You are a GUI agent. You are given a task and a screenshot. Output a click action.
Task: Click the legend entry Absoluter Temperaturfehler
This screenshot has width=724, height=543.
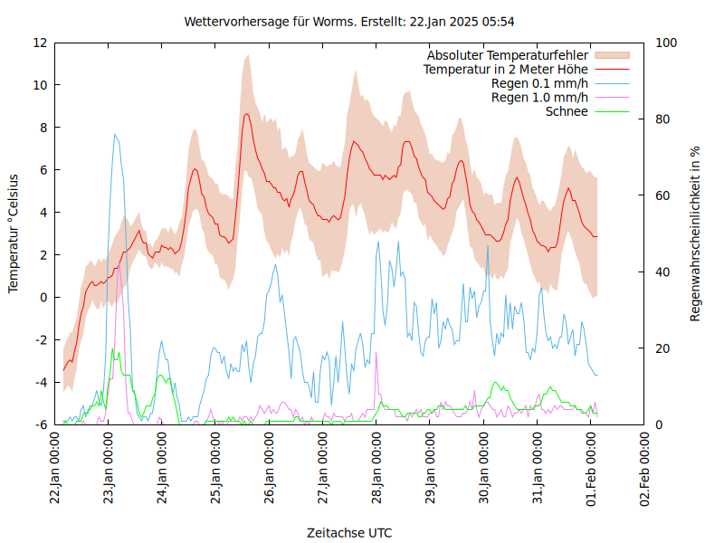pos(508,55)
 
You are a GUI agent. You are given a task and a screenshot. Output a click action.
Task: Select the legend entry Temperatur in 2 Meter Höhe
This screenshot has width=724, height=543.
pos(506,69)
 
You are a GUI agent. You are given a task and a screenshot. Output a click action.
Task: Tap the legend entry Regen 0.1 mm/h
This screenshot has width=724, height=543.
pos(539,83)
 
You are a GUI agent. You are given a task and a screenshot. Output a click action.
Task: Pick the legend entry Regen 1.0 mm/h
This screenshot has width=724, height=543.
pos(539,97)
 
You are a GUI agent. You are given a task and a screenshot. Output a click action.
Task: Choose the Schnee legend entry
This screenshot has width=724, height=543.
pos(567,111)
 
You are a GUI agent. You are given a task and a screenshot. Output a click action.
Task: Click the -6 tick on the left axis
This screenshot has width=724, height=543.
pos(42,424)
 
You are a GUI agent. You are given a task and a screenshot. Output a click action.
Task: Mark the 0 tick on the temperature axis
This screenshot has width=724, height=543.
pos(43,297)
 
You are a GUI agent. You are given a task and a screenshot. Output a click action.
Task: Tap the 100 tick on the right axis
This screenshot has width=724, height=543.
pos(666,43)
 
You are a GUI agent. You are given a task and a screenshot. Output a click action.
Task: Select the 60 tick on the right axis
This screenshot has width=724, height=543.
pos(662,195)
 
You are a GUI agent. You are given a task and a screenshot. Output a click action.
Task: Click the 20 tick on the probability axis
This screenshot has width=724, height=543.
pos(662,348)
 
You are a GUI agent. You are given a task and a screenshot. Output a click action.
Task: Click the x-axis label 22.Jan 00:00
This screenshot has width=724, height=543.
pos(55,469)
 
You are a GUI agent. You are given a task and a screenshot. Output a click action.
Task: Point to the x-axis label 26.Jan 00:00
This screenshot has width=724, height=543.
pos(270,469)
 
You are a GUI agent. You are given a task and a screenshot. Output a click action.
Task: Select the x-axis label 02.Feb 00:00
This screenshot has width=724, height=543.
pos(645,469)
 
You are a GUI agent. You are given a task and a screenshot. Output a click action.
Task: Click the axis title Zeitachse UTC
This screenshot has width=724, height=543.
pos(349,531)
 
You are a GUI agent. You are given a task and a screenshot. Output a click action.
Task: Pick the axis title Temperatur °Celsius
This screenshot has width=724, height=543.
pos(14,233)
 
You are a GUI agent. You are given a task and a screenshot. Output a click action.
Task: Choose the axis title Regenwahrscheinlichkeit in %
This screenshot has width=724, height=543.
pos(695,233)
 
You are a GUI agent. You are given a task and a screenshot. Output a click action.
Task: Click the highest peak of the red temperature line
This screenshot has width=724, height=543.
pos(246,114)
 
